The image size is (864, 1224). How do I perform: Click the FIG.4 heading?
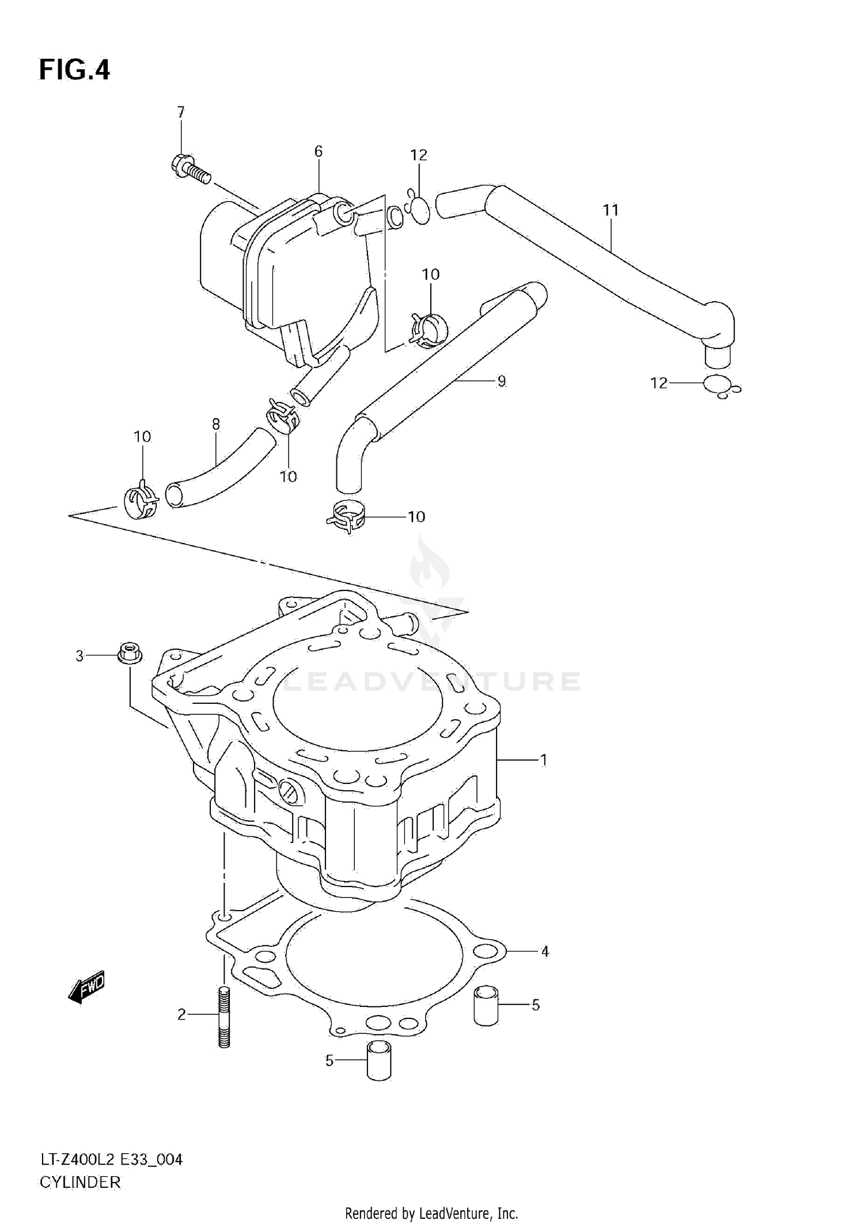coord(74,70)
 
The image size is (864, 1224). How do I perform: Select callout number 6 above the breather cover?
coord(318,151)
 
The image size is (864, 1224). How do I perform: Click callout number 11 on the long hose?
coord(611,210)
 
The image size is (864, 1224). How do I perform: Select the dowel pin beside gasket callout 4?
coord(486,1005)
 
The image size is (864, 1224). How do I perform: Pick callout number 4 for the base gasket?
coord(545,952)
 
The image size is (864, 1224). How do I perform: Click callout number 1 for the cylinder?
coord(543,760)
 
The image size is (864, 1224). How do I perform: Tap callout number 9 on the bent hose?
coord(501,381)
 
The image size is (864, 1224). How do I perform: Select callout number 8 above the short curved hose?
coord(216,425)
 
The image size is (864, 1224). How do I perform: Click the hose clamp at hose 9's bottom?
coord(346,517)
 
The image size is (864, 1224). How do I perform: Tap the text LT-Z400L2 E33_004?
coord(111,1159)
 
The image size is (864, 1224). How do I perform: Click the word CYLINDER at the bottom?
coord(80,1182)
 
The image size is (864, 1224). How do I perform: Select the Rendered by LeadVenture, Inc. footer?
coord(431,1213)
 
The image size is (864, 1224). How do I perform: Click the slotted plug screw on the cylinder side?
coord(290,792)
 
